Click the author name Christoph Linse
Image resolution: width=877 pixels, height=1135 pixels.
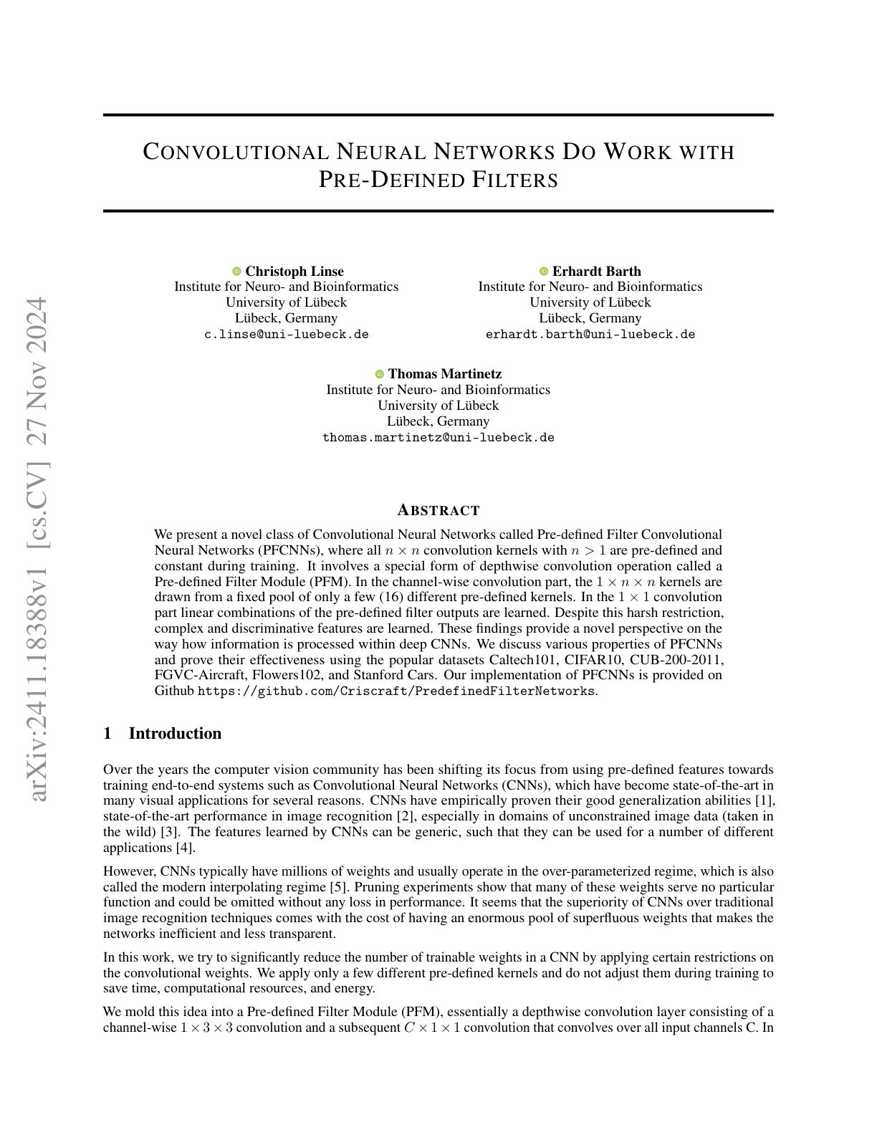click(294, 271)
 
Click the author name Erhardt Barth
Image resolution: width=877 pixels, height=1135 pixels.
click(597, 271)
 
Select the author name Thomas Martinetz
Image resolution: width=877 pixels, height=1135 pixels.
click(445, 373)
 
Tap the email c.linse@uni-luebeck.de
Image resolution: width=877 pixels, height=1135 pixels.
click(287, 334)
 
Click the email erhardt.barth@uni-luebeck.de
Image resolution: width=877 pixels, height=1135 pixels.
click(590, 334)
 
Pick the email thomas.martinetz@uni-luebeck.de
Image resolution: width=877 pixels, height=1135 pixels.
click(438, 437)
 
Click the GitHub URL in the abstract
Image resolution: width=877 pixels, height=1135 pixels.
click(396, 691)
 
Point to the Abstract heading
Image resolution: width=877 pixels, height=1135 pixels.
click(438, 510)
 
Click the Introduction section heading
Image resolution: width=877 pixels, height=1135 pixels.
click(175, 733)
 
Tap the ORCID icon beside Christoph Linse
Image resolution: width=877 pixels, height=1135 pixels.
click(236, 271)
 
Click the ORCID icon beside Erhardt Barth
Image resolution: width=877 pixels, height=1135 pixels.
click(544, 271)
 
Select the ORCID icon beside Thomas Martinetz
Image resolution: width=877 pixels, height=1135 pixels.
click(380, 374)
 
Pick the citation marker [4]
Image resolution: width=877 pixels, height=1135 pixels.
click(185, 847)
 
